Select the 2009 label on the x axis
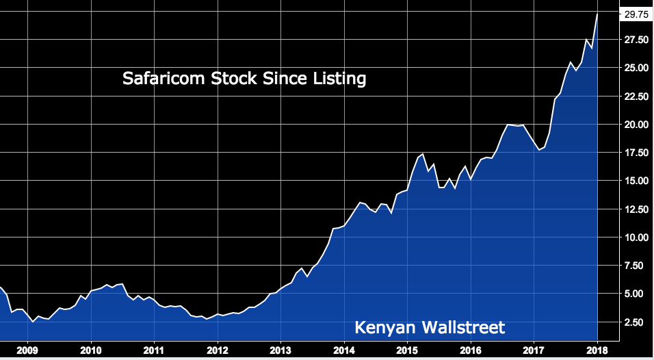tap(27, 350)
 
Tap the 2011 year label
tap(154, 350)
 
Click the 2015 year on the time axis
tap(407, 350)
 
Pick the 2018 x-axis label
tap(597, 350)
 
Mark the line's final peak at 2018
tap(598, 14)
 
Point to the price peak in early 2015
tap(423, 154)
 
